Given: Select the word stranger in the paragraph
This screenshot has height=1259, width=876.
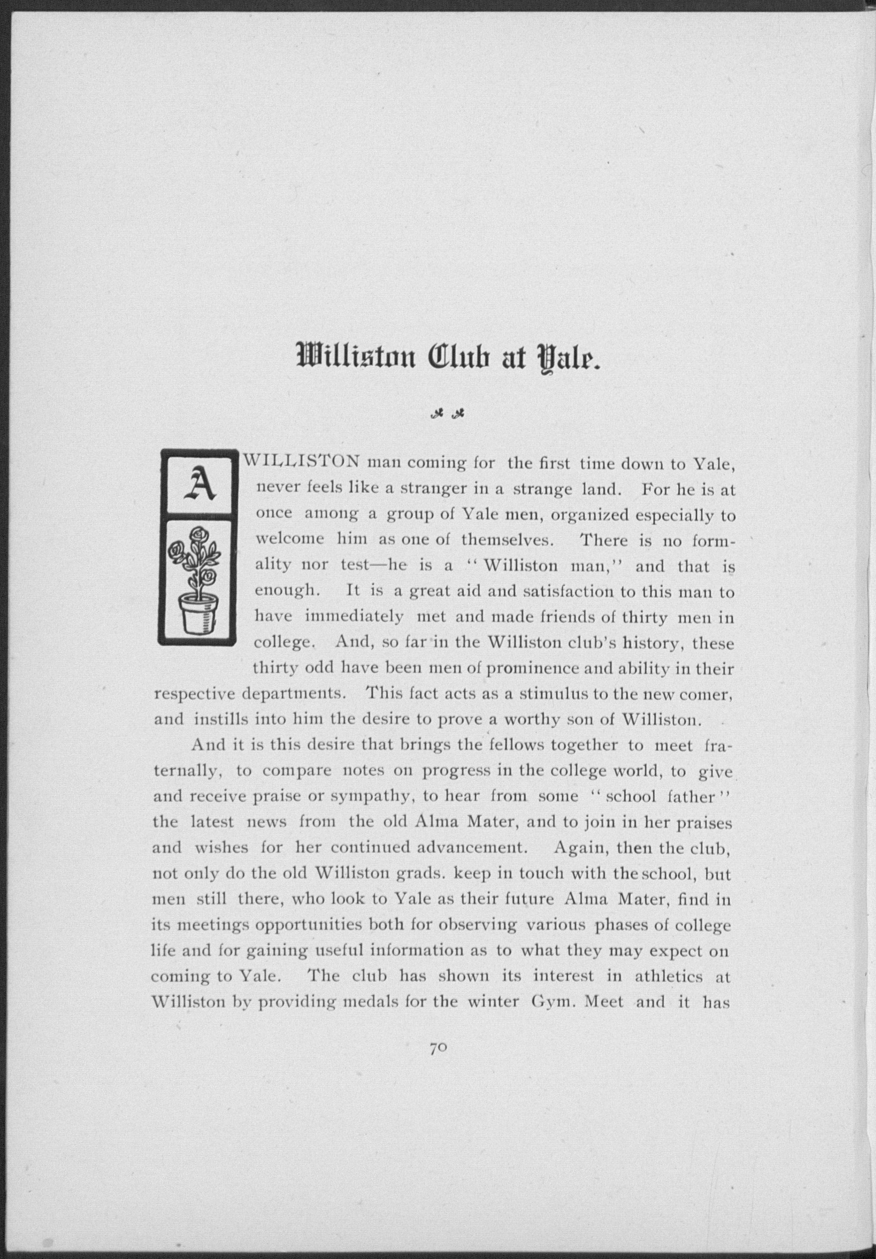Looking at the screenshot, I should [432, 489].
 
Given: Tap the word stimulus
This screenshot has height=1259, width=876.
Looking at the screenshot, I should [553, 694].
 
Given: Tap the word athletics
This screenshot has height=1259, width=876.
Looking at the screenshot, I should [674, 977].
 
